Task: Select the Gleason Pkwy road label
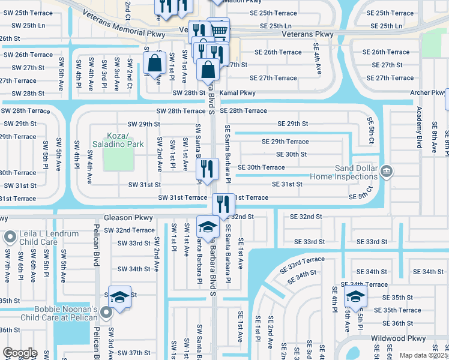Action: point(128,218)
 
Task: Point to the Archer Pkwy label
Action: point(427,92)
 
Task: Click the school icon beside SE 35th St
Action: point(355,297)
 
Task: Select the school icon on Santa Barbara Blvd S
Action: point(208,227)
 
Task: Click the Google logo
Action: point(20,353)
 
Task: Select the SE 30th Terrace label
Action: point(261,167)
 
